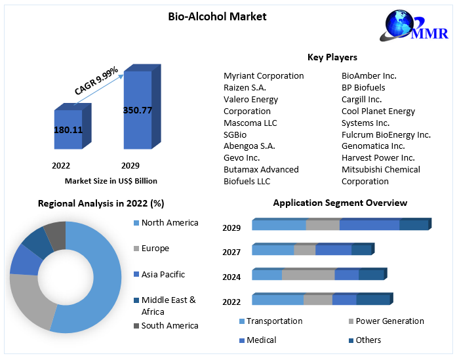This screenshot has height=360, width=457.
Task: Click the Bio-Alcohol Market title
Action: coord(217,16)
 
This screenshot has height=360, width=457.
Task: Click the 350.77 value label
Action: coord(138,110)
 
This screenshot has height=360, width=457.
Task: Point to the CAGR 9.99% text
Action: coord(96,81)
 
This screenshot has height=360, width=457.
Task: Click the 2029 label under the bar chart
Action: coord(130,166)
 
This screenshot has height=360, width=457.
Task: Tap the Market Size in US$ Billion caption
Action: coord(111,181)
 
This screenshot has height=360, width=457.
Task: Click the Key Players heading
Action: coord(332,58)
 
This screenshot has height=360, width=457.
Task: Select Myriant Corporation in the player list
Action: coord(264,76)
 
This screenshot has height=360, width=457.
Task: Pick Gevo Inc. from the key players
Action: coord(241,158)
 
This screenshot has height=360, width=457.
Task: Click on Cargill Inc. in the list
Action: coord(361,100)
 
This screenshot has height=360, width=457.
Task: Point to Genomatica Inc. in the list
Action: coord(373,146)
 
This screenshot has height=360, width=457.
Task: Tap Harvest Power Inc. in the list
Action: coord(378,158)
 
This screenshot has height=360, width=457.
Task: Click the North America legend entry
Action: coord(169,223)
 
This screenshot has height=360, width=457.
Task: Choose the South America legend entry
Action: coord(169,326)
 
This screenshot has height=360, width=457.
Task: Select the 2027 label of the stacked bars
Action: coord(231,252)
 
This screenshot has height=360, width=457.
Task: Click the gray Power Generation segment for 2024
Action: coord(308,275)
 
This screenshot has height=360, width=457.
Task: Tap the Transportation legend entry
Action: coord(274,321)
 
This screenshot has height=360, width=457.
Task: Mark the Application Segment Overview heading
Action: coord(340,203)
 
